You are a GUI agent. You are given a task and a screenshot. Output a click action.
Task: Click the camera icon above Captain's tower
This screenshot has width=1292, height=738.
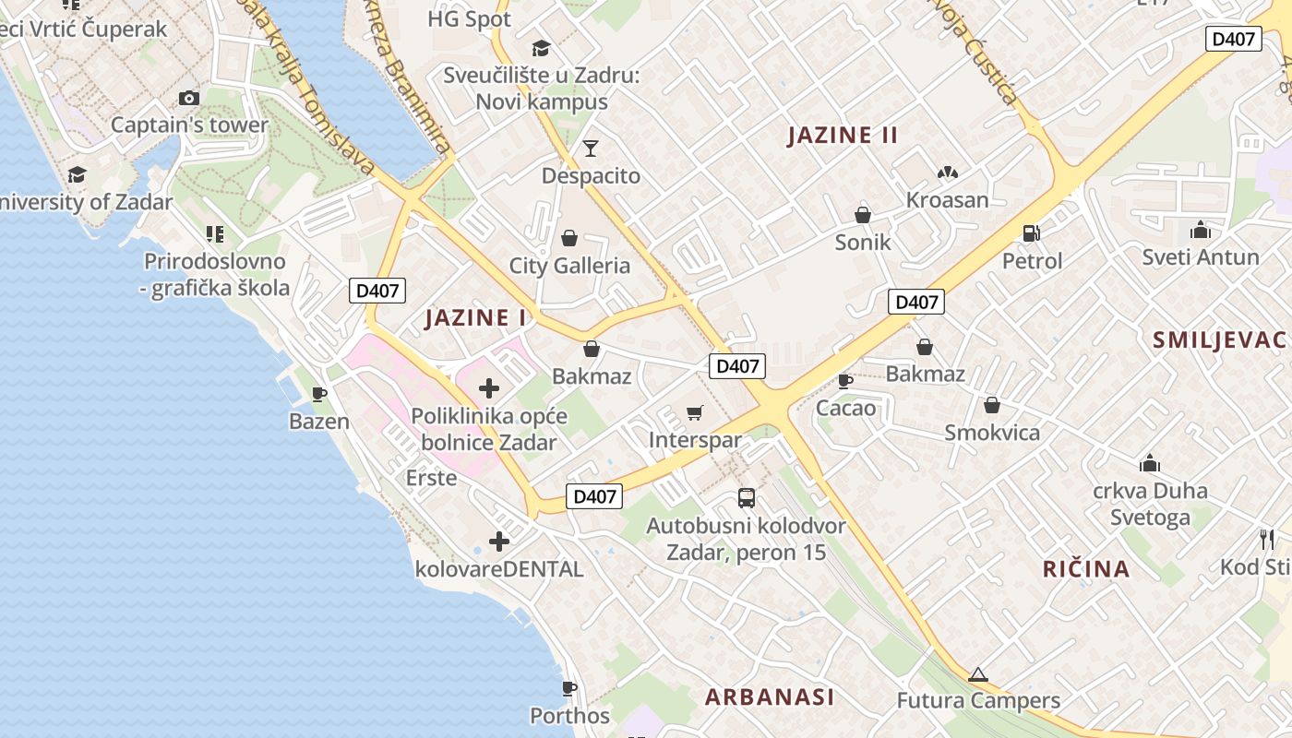(189, 98)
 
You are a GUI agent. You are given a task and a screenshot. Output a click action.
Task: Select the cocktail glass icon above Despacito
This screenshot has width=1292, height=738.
(591, 148)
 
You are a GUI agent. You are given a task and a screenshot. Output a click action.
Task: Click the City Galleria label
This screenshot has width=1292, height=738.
(569, 266)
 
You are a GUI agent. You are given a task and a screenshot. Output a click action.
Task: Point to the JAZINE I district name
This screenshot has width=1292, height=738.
(475, 318)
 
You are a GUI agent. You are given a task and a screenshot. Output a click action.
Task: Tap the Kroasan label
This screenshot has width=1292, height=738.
(947, 200)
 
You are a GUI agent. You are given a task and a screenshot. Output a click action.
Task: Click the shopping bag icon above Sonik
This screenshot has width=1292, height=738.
(863, 215)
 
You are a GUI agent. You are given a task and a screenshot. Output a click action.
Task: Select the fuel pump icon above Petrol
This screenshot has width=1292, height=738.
(1032, 233)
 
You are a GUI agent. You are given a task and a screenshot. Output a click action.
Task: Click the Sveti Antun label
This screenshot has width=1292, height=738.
(1201, 257)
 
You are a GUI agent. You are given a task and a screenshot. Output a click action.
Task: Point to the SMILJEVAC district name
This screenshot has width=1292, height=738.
(1219, 339)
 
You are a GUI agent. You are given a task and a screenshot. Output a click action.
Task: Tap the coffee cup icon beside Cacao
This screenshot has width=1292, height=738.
(844, 381)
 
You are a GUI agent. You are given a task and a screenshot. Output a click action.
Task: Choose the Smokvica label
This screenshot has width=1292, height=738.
(992, 433)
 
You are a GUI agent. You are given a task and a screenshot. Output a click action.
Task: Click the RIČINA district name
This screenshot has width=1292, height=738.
(1086, 568)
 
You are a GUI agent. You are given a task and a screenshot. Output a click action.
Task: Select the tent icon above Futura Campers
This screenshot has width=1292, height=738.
(978, 674)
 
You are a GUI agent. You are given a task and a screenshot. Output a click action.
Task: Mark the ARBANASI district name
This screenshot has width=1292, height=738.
(770, 696)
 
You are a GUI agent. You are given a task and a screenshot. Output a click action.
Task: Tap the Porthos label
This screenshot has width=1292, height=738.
(569, 716)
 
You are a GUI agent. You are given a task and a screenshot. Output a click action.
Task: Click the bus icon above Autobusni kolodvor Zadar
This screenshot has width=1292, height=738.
(747, 498)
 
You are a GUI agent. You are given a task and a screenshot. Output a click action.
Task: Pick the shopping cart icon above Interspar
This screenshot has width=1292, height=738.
(695, 413)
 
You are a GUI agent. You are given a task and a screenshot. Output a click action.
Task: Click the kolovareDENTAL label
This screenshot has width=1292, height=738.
(499, 569)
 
